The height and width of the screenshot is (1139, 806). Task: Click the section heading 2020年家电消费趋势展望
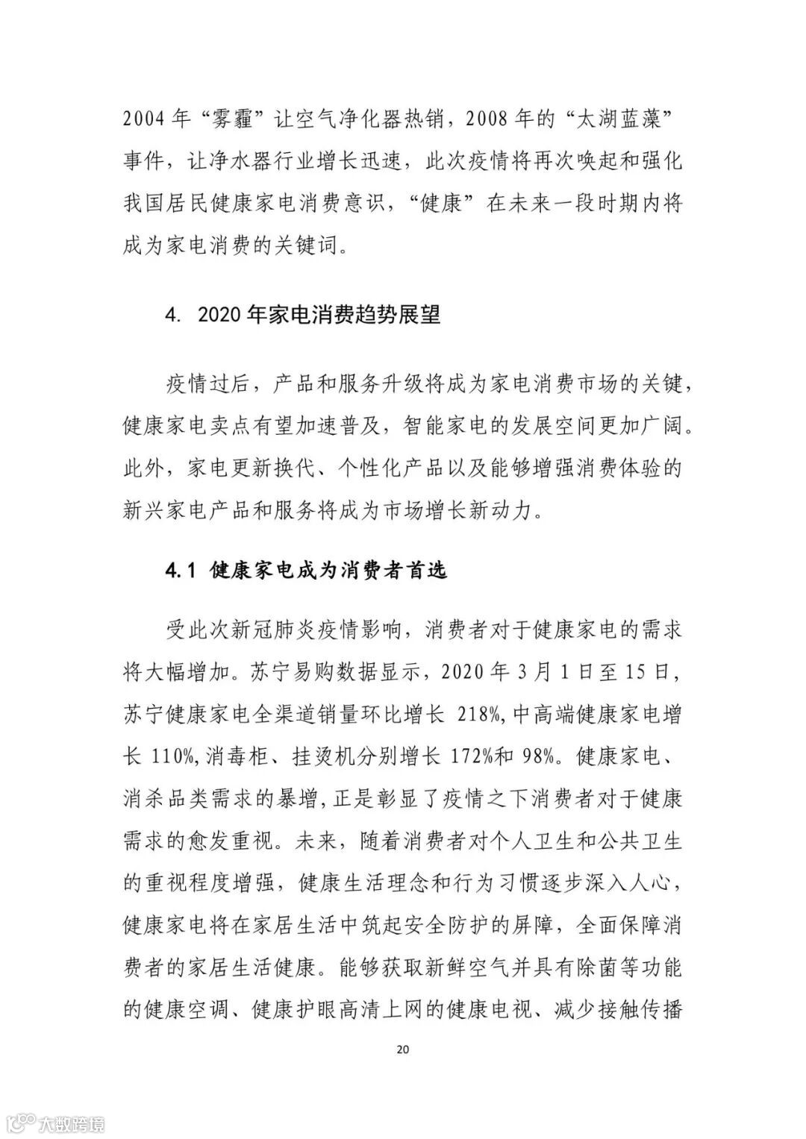tap(319, 314)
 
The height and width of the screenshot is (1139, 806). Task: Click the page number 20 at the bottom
tap(402, 1049)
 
